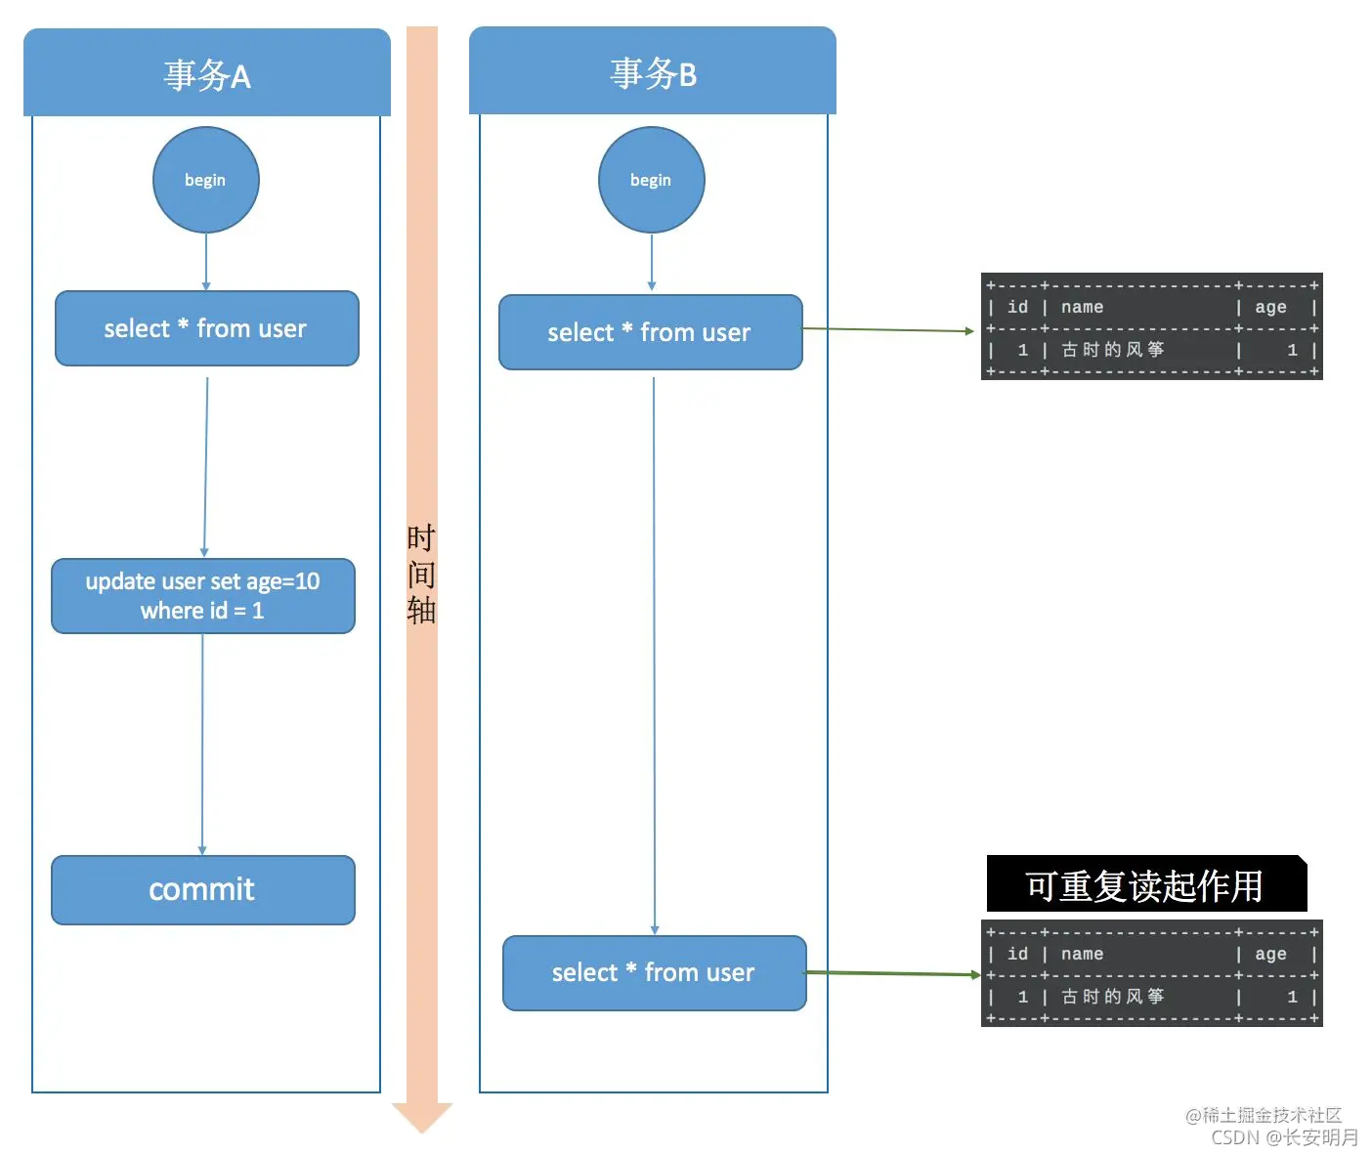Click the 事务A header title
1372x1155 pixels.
[207, 75]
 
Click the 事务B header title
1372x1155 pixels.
[653, 73]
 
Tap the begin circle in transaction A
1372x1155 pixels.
[205, 180]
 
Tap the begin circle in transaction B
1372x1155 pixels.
[651, 180]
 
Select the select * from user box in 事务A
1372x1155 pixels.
[206, 328]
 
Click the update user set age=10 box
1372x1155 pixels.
[202, 596]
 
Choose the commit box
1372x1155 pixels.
[202, 889]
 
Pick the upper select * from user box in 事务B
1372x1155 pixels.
[650, 332]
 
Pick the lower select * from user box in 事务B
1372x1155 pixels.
[654, 973]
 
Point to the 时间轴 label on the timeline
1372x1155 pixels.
[421, 574]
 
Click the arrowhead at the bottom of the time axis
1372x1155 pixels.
[422, 1116]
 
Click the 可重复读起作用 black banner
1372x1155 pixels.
[1145, 885]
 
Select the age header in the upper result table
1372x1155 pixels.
[1270, 307]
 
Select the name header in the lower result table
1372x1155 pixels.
[1082, 954]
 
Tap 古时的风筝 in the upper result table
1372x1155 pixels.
[1113, 350]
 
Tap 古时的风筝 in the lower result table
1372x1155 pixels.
[1113, 997]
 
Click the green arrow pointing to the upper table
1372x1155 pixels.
[887, 330]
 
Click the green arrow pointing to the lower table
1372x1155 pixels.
[892, 973]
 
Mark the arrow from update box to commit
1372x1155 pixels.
[202, 743]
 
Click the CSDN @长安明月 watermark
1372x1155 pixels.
[1284, 1137]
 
